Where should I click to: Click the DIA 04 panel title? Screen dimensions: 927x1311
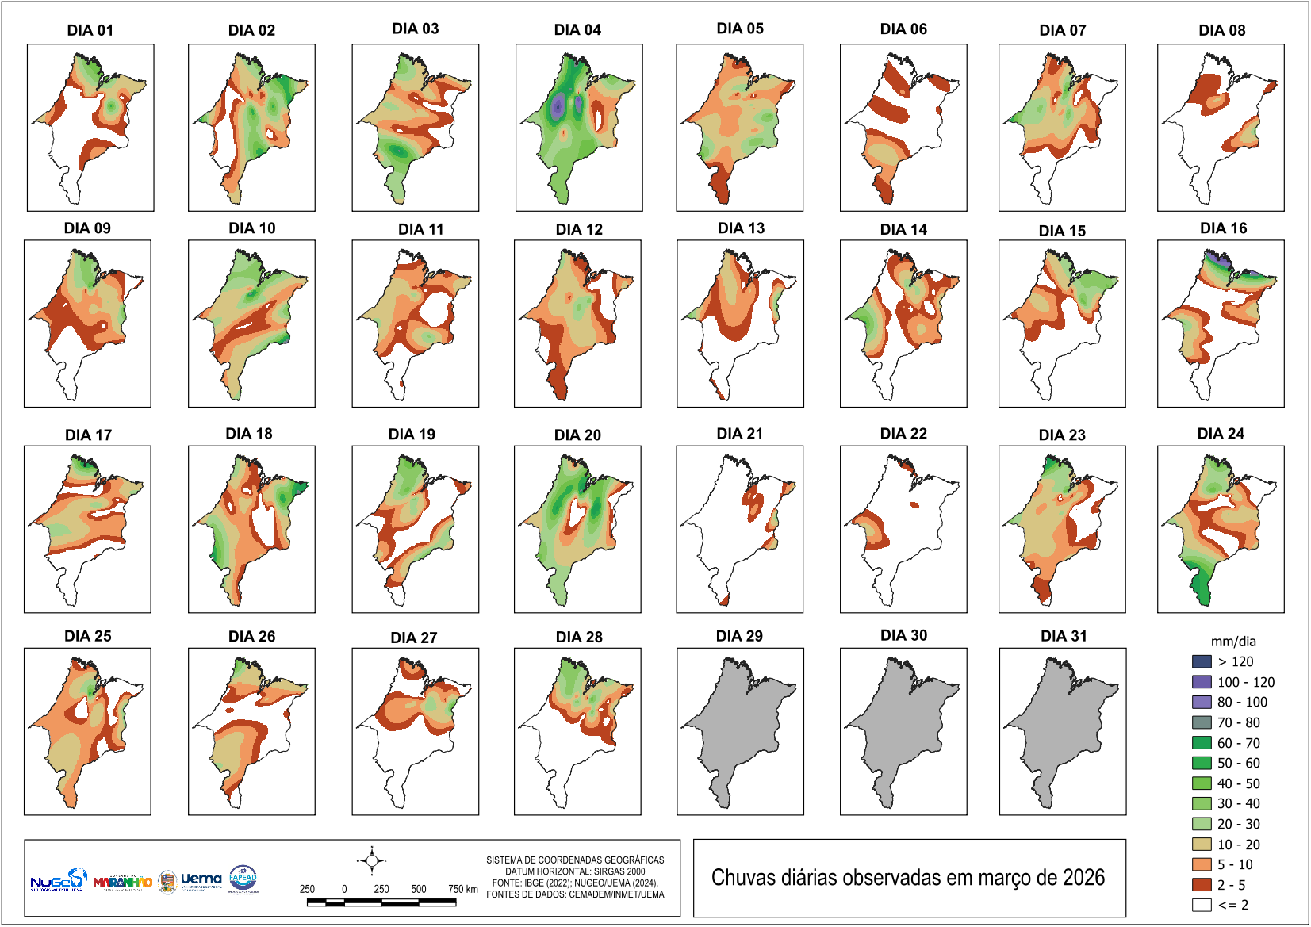pyautogui.click(x=577, y=30)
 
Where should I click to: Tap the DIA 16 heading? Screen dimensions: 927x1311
pyautogui.click(x=1223, y=228)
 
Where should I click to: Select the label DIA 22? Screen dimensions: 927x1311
pyautogui.click(x=903, y=434)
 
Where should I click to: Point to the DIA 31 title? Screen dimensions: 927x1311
pyautogui.click(x=1064, y=636)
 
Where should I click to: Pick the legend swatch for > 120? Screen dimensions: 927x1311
pyautogui.click(x=1202, y=661)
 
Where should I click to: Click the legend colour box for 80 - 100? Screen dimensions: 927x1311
pyautogui.click(x=1202, y=702)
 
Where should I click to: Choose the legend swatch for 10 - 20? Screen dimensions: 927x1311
pyautogui.click(x=1202, y=845)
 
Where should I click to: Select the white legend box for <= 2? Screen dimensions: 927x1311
pyautogui.click(x=1202, y=905)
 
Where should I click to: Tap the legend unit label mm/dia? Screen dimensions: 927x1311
pyautogui.click(x=1233, y=642)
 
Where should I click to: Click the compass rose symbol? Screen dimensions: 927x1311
pyautogui.click(x=371, y=860)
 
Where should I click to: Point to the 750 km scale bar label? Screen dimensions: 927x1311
pyautogui.click(x=462, y=889)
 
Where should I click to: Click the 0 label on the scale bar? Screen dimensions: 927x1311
pyautogui.click(x=344, y=889)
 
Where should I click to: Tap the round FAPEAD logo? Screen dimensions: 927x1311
pyautogui.click(x=243, y=879)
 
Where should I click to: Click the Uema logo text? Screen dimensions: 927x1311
pyautogui.click(x=201, y=879)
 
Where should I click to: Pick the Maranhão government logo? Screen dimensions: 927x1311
pyautogui.click(x=122, y=882)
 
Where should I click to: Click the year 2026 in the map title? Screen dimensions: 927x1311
pyautogui.click(x=1083, y=878)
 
